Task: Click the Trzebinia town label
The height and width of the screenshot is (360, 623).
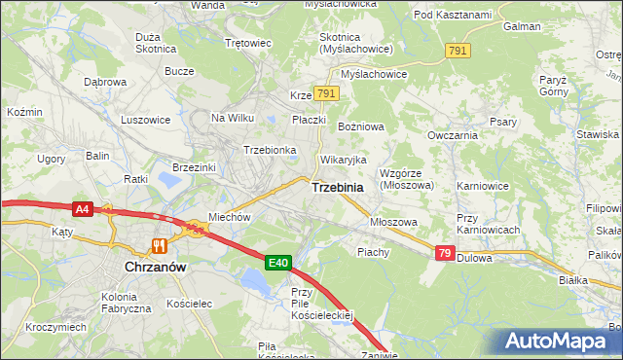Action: (338, 188)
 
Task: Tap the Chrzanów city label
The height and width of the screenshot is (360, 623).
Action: (156, 265)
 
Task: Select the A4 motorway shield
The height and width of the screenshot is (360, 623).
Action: (82, 207)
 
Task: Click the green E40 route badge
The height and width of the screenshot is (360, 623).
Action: (278, 262)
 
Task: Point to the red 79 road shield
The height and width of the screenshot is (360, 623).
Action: (445, 253)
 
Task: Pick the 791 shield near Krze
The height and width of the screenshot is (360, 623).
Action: (326, 93)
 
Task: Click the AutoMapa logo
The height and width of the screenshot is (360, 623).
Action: (557, 342)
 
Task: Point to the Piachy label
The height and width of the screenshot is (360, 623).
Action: (373, 252)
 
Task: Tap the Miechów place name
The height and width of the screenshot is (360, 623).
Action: (231, 217)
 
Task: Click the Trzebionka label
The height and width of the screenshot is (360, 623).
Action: (270, 150)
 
